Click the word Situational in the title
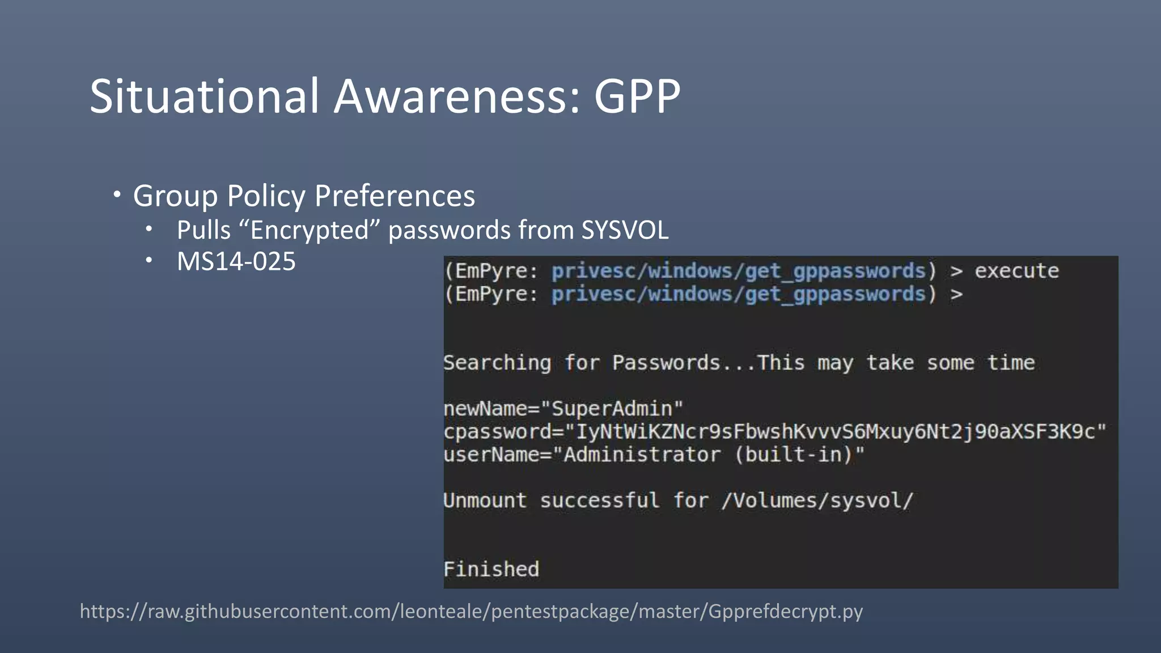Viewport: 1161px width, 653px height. pyautogui.click(x=204, y=96)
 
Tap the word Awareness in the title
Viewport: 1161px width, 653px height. pyautogui.click(x=456, y=96)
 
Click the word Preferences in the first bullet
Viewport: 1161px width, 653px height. pyautogui.click(x=395, y=196)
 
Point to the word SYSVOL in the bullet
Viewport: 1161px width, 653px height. pyautogui.click(x=625, y=230)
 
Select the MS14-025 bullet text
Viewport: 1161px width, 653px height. pyautogui.click(x=236, y=261)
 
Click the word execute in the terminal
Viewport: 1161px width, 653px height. pyautogui.click(x=1016, y=271)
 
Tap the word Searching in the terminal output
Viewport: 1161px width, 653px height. pyautogui.click(x=497, y=363)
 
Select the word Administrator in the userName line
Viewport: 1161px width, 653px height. pyautogui.click(x=642, y=455)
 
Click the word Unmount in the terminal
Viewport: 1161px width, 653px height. pyautogui.click(x=485, y=501)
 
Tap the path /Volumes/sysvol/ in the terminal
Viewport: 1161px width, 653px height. pyautogui.click(x=817, y=501)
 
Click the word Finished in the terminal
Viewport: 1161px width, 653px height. pyautogui.click(x=491, y=569)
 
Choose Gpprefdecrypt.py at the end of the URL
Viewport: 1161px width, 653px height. pyautogui.click(x=785, y=612)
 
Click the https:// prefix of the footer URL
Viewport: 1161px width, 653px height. pyautogui.click(x=113, y=612)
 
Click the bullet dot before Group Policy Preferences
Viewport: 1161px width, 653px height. pyautogui.click(x=117, y=195)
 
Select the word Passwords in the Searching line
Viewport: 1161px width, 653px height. pyautogui.click(x=666, y=363)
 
